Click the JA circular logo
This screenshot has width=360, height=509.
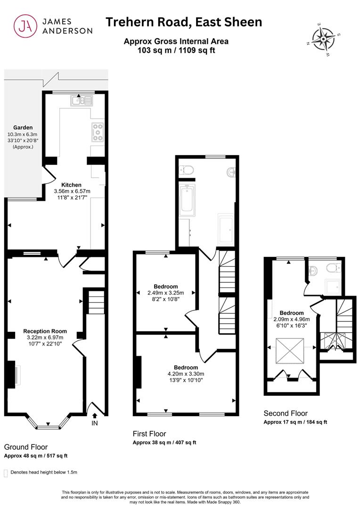(x=25, y=26)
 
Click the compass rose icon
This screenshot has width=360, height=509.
(x=323, y=40)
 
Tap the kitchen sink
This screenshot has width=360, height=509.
(x=81, y=100)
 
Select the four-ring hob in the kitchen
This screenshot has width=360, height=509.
(x=98, y=132)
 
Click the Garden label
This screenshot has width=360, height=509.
(x=23, y=128)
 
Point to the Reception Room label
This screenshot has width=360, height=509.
(x=45, y=331)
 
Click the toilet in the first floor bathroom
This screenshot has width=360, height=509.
(x=186, y=170)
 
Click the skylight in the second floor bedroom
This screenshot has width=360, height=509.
(x=290, y=351)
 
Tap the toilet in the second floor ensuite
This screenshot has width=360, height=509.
(x=334, y=268)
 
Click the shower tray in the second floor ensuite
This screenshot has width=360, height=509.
(x=333, y=287)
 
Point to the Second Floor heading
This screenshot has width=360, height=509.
(x=286, y=413)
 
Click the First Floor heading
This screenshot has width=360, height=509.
(x=149, y=434)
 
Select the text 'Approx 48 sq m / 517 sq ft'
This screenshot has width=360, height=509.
(x=36, y=456)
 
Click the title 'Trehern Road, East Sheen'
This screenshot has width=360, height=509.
(x=184, y=22)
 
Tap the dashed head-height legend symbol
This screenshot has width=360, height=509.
(x=6, y=473)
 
